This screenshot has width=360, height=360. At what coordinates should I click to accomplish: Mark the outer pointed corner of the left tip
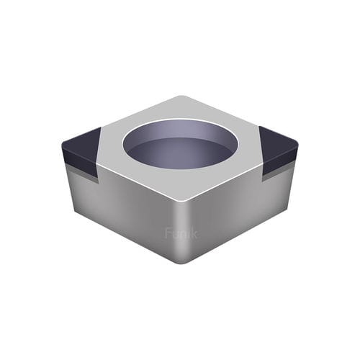coord(63,145)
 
